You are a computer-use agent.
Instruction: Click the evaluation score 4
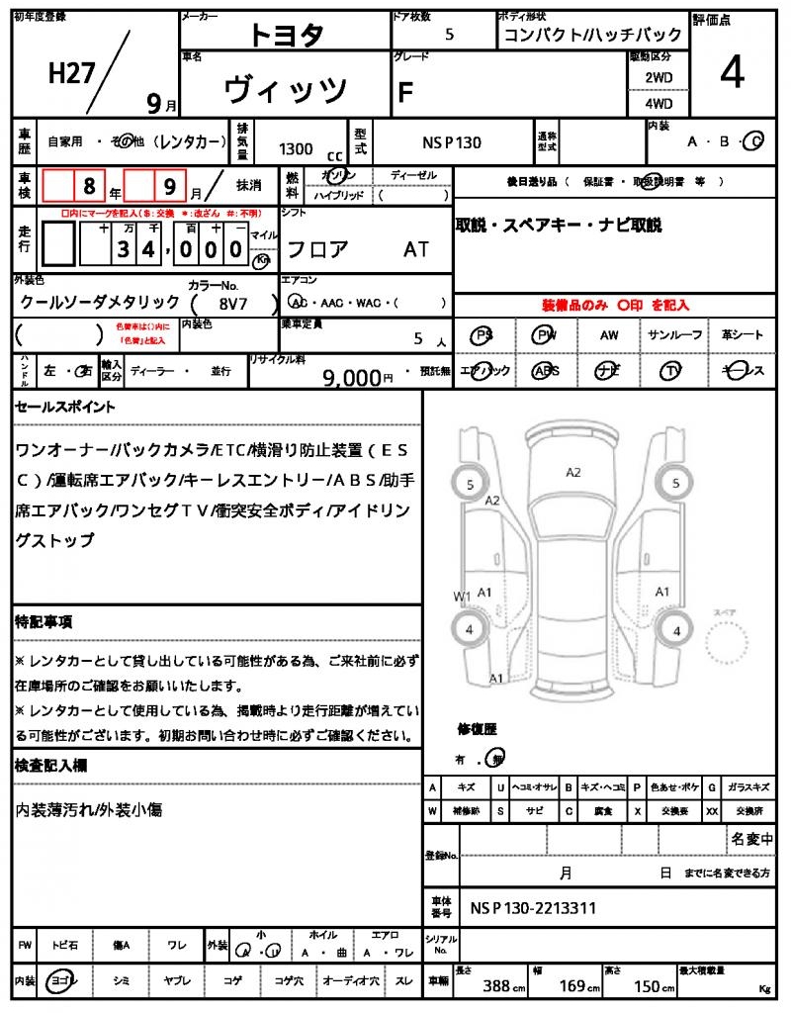coord(732,75)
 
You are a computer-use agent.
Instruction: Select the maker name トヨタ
coord(285,35)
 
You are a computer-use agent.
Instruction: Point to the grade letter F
coord(404,92)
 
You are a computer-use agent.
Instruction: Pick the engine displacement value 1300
coord(296,148)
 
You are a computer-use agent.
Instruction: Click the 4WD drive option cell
coord(659,103)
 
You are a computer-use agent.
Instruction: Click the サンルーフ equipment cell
coord(675,335)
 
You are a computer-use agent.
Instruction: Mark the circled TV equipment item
coord(671,370)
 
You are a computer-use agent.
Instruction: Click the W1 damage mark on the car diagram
coord(462,597)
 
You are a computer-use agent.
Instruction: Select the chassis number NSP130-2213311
coord(533,907)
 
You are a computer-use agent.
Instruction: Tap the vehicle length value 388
coord(496,986)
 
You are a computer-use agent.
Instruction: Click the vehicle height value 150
coord(646,986)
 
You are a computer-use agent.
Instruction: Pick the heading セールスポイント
coord(65,407)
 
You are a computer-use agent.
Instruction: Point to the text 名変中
coord(751,839)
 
